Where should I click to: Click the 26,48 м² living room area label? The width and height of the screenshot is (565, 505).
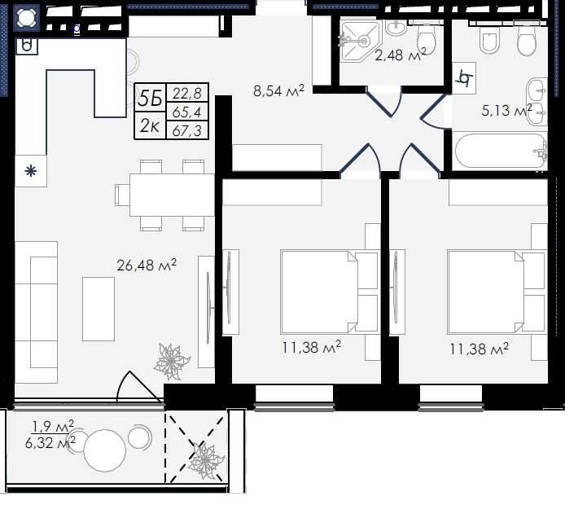[x=147, y=265]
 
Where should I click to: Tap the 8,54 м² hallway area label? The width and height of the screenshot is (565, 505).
[x=279, y=90]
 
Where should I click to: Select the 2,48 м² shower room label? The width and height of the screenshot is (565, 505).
[x=401, y=55]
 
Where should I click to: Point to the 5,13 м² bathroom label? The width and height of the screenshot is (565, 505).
[x=506, y=110]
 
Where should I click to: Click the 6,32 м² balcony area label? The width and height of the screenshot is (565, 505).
[x=50, y=442]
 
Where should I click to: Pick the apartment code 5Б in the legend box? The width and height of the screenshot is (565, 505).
[x=150, y=98]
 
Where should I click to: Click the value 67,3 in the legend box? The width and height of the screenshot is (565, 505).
[x=186, y=130]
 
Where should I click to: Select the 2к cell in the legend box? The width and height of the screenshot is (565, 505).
[x=150, y=125]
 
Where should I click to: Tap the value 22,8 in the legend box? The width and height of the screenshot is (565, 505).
[x=186, y=94]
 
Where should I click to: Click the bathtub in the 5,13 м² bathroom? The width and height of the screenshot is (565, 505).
[x=501, y=151]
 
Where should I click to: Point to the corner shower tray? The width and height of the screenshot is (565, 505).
[x=361, y=41]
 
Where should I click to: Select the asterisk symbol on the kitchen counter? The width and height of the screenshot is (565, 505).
[x=31, y=171]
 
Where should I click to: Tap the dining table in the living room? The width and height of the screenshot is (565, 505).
[x=172, y=195]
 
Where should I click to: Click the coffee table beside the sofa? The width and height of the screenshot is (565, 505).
[x=99, y=309]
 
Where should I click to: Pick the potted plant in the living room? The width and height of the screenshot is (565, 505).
[x=172, y=362]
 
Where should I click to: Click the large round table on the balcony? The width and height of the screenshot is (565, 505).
[x=105, y=450]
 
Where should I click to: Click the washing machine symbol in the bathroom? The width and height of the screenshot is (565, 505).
[x=464, y=78]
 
